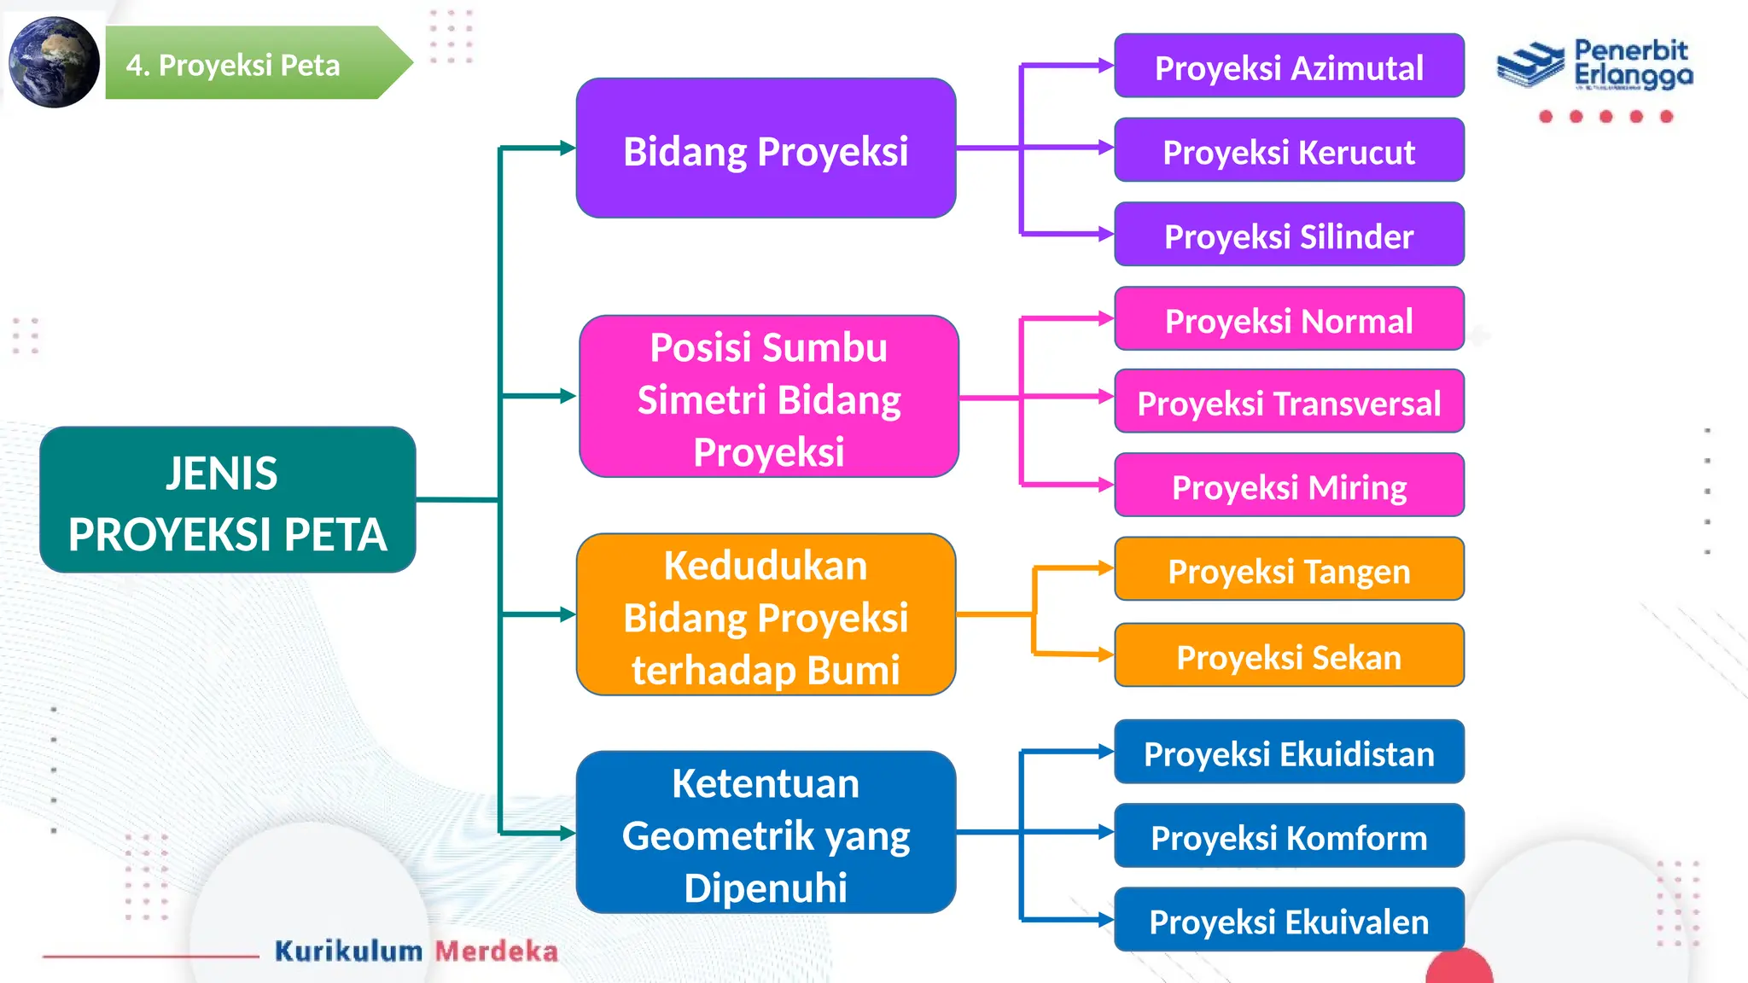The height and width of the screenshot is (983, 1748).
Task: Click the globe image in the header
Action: point(54,62)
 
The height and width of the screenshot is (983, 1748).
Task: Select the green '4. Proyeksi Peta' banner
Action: point(248,64)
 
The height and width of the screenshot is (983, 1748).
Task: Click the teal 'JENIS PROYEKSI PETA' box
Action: point(228,500)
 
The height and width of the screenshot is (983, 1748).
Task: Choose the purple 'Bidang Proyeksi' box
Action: point(766,148)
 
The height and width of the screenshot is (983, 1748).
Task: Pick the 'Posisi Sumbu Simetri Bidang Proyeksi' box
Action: point(768,397)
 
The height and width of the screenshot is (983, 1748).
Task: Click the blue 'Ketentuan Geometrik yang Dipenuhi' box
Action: point(766,833)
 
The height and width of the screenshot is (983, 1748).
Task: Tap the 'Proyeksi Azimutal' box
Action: point(1289,66)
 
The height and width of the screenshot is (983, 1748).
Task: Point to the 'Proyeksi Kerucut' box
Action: point(1289,150)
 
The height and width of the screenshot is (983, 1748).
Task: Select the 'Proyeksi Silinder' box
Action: point(1289,235)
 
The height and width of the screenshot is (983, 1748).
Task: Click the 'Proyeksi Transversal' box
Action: point(1289,401)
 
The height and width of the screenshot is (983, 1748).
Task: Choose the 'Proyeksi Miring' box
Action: point(1289,486)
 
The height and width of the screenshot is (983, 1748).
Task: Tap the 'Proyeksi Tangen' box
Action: point(1289,569)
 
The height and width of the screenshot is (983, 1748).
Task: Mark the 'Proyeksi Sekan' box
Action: point(1289,655)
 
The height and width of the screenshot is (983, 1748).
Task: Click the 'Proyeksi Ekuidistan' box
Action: point(1289,752)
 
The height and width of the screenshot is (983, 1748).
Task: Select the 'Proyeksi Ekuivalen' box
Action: point(1289,920)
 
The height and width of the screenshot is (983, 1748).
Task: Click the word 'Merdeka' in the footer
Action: point(497,951)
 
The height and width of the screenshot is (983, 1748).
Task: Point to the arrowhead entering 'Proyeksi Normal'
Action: point(1105,318)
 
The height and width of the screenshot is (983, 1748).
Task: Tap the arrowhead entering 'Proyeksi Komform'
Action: point(1105,832)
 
